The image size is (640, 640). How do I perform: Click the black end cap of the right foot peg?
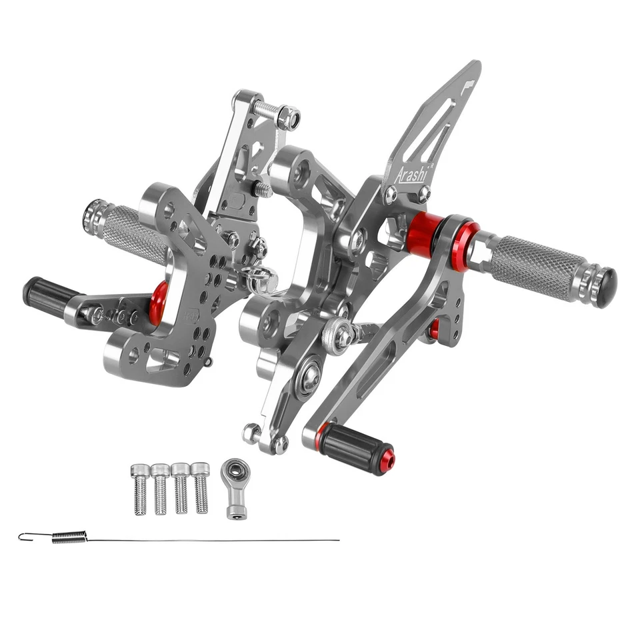[x=606, y=287]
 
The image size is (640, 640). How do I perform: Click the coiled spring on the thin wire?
[x=69, y=537]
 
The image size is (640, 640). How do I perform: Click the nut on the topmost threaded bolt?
[x=289, y=118]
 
